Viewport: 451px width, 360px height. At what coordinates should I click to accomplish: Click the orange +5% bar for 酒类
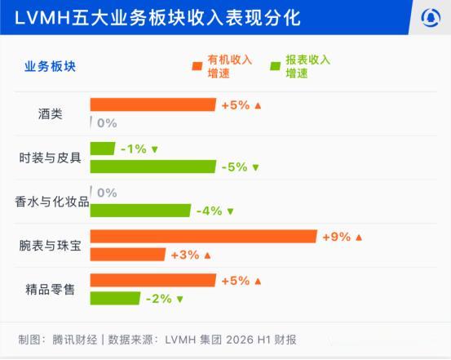(x=153, y=104)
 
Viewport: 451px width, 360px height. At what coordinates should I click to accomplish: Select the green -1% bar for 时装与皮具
(x=103, y=149)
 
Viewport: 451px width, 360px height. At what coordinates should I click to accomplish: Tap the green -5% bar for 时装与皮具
(x=153, y=167)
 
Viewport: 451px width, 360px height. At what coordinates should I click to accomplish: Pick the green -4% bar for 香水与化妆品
(x=140, y=211)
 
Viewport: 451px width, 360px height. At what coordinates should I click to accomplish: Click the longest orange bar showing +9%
(x=204, y=237)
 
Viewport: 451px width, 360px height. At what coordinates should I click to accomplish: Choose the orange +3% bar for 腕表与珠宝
(x=128, y=255)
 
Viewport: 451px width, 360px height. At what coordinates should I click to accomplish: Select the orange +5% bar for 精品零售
(x=153, y=280)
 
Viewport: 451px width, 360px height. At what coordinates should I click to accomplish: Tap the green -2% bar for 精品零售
(x=115, y=298)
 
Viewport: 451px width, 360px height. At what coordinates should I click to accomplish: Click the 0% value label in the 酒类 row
(x=107, y=123)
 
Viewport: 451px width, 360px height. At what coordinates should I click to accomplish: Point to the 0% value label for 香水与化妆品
(x=107, y=193)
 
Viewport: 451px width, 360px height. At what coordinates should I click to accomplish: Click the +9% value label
(x=337, y=237)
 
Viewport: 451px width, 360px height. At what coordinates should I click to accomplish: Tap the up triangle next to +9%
(x=359, y=238)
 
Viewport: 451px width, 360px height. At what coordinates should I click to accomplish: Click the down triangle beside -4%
(x=230, y=211)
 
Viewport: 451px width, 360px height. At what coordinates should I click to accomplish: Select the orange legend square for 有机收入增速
(x=197, y=66)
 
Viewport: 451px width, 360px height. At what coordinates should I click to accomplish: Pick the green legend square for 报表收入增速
(x=276, y=66)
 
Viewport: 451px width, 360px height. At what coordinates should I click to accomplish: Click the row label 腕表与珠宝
(x=50, y=246)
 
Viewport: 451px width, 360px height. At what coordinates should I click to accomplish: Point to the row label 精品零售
(x=50, y=290)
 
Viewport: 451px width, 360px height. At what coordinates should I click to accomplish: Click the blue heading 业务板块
(x=50, y=66)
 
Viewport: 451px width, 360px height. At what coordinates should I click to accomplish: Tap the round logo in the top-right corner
(x=431, y=18)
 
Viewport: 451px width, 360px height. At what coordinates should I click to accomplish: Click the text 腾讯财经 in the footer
(x=75, y=340)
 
